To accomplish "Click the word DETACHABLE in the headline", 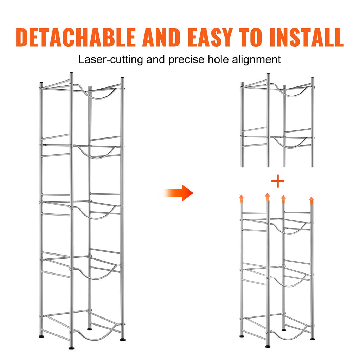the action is point(76,37).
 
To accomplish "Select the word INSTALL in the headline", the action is point(307,37).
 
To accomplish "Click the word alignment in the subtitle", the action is point(256,60).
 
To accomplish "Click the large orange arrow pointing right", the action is point(177,193).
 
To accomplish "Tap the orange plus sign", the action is point(278,181).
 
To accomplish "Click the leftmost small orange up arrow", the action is point(241,199).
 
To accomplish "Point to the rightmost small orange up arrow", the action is point(311,200).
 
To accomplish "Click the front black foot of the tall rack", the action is point(71,348).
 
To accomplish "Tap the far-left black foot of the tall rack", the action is point(41,336).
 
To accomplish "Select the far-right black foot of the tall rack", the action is point(123,339).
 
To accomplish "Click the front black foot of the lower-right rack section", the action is point(268,346).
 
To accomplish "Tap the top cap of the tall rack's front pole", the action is point(71,73).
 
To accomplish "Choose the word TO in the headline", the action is point(251,37).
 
